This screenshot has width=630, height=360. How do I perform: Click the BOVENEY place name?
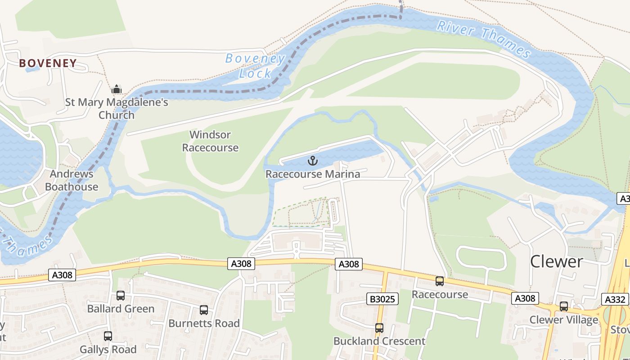[48, 63]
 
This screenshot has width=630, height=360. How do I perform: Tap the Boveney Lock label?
[255, 66]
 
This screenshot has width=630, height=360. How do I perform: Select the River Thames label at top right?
[483, 38]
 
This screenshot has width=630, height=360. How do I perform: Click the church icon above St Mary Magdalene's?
[117, 89]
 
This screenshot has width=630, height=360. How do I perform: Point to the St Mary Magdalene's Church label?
[117, 108]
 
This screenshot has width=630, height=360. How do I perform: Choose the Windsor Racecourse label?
[210, 141]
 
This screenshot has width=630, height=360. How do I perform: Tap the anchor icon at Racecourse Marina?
[312, 161]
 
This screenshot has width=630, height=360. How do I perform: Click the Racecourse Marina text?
[313, 174]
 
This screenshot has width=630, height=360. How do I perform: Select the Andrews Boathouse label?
[72, 180]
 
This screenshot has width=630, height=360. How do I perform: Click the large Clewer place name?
[557, 261]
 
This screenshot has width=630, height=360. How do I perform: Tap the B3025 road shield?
[382, 299]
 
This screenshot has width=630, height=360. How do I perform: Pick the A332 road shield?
[614, 299]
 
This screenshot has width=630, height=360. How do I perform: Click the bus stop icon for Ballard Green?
[121, 296]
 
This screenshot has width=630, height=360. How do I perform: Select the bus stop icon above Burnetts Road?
[204, 310]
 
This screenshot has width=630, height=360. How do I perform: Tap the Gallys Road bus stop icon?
[108, 336]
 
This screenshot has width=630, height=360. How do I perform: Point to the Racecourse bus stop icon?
[440, 281]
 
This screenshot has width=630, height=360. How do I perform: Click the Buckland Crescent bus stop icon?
[379, 328]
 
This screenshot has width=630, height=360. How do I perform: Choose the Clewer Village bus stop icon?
[563, 306]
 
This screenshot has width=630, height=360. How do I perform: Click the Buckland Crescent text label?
[379, 341]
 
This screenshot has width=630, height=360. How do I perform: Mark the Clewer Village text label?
[563, 320]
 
